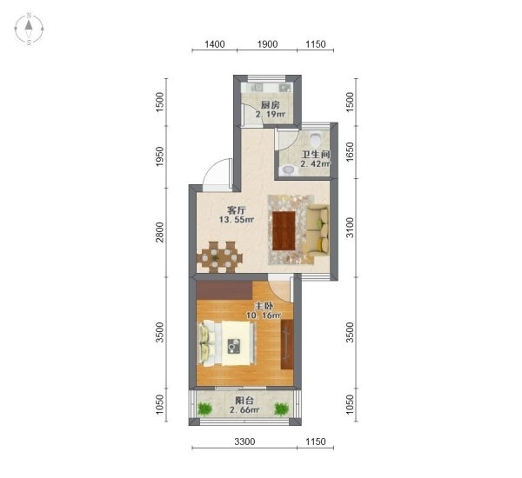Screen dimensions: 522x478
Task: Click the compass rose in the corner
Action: pos(29,29)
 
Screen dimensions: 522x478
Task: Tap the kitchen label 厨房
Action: pos(270,105)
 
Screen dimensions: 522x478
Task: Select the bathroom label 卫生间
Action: pos(315,155)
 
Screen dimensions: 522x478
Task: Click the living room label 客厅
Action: pos(237,210)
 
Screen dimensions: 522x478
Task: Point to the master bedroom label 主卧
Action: pos(264,306)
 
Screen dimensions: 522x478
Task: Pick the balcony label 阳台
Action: pos(244,401)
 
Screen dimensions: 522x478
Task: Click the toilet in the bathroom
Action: pos(315,139)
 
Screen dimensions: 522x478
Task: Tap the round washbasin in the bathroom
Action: pos(288,170)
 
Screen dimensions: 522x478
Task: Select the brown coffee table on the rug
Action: pos(284,230)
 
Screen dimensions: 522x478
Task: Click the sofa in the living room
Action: pos(318,230)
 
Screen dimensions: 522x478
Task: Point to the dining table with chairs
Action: pos(220,257)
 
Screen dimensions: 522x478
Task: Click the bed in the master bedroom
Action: pos(228,343)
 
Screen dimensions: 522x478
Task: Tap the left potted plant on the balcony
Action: pos(204,408)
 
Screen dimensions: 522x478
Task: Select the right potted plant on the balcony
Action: pos(282,408)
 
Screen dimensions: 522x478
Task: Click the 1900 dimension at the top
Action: pos(267,44)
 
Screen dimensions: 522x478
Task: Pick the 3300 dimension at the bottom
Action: pos(244,441)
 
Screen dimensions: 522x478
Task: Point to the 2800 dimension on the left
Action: pos(160,232)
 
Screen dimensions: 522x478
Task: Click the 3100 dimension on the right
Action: pos(350,228)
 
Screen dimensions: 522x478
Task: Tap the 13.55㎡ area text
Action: pos(237,220)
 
